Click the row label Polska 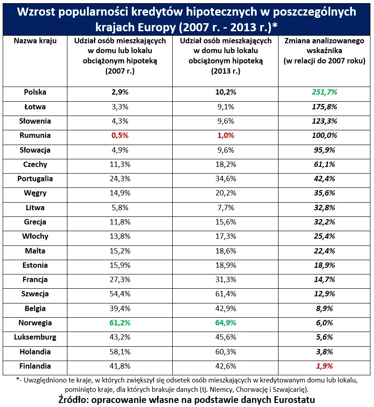[35, 92]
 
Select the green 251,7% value [324, 92]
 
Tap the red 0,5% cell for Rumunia [120, 136]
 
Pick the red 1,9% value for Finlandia [324, 366]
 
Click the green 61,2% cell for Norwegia [120, 323]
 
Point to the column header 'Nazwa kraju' [35, 41]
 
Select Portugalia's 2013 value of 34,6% [225, 179]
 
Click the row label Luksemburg [35, 337]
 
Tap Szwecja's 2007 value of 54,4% [120, 294]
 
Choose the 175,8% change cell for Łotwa [324, 107]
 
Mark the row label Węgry [35, 193]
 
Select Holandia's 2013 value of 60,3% [225, 352]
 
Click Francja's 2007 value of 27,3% [120, 280]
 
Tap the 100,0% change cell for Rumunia [324, 136]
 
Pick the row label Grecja [35, 222]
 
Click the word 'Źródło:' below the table [76, 399]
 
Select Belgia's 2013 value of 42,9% [225, 309]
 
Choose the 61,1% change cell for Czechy [324, 165]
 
